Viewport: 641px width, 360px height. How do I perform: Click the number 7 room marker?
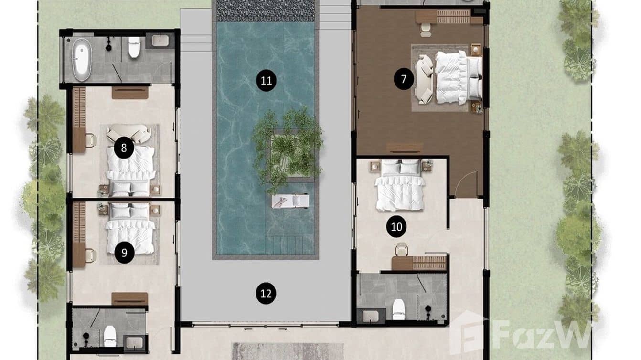coord(404,79)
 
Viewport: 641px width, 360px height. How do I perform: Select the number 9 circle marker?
coord(124,253)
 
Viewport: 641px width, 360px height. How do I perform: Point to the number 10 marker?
coord(396,227)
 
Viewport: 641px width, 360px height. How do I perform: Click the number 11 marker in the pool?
coord(266,81)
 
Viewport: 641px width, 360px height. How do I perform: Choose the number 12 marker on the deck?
coord(266,293)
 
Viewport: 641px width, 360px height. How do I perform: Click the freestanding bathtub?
coord(82,59)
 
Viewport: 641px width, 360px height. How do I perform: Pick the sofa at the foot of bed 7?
coord(424,79)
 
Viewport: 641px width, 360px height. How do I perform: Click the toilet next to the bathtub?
coord(134,47)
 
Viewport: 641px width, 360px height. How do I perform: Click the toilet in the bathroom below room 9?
coord(110,335)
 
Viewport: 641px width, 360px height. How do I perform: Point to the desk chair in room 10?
coord(402,249)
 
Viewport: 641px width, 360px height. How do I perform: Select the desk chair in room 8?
coord(90,140)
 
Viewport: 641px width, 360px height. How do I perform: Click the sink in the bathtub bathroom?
coord(160,41)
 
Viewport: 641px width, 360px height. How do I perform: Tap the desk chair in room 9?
coord(90,256)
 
